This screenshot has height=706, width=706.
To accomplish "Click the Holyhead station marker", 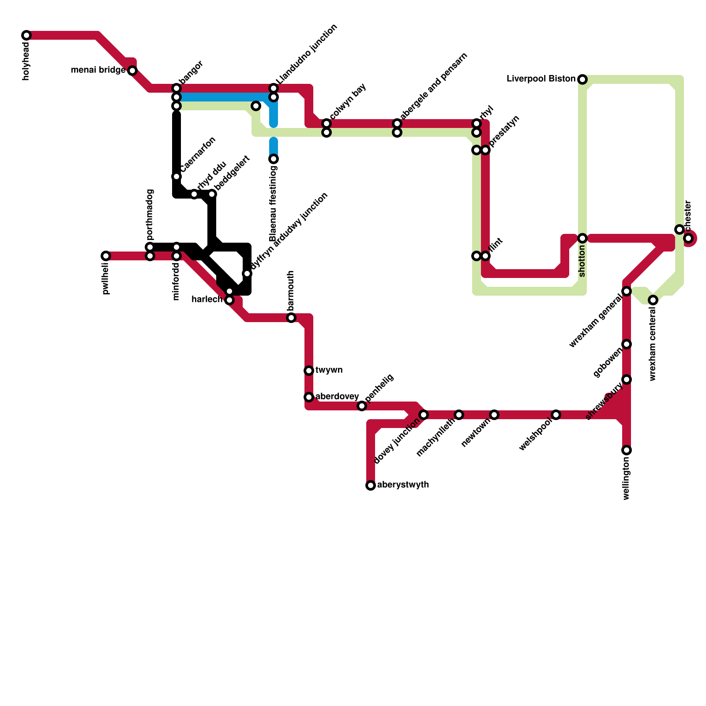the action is tap(26, 35).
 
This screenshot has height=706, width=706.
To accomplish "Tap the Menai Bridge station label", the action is tap(98, 70).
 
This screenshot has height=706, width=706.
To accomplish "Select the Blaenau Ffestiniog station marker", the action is tap(274, 159).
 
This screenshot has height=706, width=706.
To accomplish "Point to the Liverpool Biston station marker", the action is tap(582, 79).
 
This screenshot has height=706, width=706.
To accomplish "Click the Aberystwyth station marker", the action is tap(371, 485).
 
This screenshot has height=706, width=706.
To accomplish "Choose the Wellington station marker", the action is tap(627, 450).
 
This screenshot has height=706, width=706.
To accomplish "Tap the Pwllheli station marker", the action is tap(106, 256).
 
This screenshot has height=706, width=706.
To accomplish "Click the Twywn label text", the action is tap(329, 370).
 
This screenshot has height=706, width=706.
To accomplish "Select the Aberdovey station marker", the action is tap(309, 397).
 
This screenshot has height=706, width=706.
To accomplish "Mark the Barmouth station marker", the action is tap(291, 318).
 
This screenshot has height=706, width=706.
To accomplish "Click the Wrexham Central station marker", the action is tap(653, 300).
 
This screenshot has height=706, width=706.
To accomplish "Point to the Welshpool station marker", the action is tap(556, 415).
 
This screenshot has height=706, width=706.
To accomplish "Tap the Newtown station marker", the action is tap(494, 415).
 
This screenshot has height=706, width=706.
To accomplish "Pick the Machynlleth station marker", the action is tap(459, 415).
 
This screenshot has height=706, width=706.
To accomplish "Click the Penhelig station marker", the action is tap(362, 406).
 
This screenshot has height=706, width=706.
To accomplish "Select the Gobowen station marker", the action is tap(627, 344).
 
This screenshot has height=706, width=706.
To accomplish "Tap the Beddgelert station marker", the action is tap(212, 194).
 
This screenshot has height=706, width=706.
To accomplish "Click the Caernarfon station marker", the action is tap(176, 176).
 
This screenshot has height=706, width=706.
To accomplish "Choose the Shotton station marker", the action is tap(582, 238).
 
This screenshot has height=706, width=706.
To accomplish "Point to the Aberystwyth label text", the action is tap(403, 485).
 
